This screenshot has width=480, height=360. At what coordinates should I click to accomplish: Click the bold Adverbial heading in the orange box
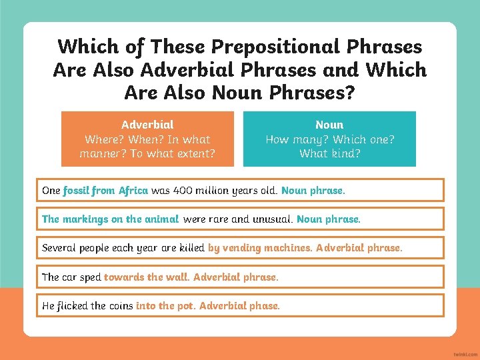point(147,125)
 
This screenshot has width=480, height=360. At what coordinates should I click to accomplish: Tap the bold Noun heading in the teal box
point(329,125)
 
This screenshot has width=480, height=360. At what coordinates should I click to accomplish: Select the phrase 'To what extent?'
point(173,154)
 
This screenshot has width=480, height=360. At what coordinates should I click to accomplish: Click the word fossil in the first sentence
point(76,190)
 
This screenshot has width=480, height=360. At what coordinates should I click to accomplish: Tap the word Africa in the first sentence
point(133,190)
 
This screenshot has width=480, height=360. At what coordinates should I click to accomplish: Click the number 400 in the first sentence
point(183,190)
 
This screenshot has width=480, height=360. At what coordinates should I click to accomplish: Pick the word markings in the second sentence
point(83,219)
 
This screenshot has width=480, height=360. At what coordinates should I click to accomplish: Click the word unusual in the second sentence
point(271,219)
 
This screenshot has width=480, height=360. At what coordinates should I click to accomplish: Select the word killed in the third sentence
point(192,248)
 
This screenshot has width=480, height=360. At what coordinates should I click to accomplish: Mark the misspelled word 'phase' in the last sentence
point(265,306)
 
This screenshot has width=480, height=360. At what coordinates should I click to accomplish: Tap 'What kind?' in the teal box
point(329,154)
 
